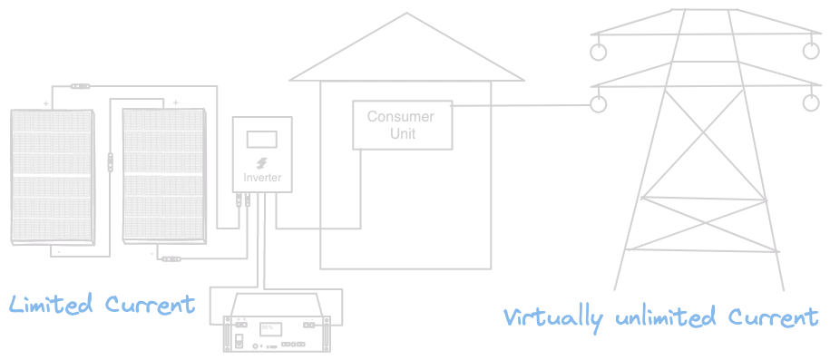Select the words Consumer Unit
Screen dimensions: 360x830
pyautogui.click(x=400, y=125)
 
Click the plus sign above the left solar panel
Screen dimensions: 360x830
pyautogui.click(x=46, y=102)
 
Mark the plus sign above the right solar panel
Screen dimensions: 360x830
pyautogui.click(x=175, y=102)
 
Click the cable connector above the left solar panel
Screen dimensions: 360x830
pyautogui.click(x=81, y=86)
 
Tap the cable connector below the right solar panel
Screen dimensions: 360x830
pyautogui.click(x=171, y=259)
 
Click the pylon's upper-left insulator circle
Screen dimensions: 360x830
pyautogui.click(x=598, y=53)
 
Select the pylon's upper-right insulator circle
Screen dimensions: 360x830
pyautogui.click(x=811, y=52)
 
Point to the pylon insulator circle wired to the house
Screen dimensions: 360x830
pyautogui.click(x=598, y=104)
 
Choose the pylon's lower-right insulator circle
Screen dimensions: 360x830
pyautogui.click(x=811, y=104)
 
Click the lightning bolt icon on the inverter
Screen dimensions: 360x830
pyautogui.click(x=261, y=161)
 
